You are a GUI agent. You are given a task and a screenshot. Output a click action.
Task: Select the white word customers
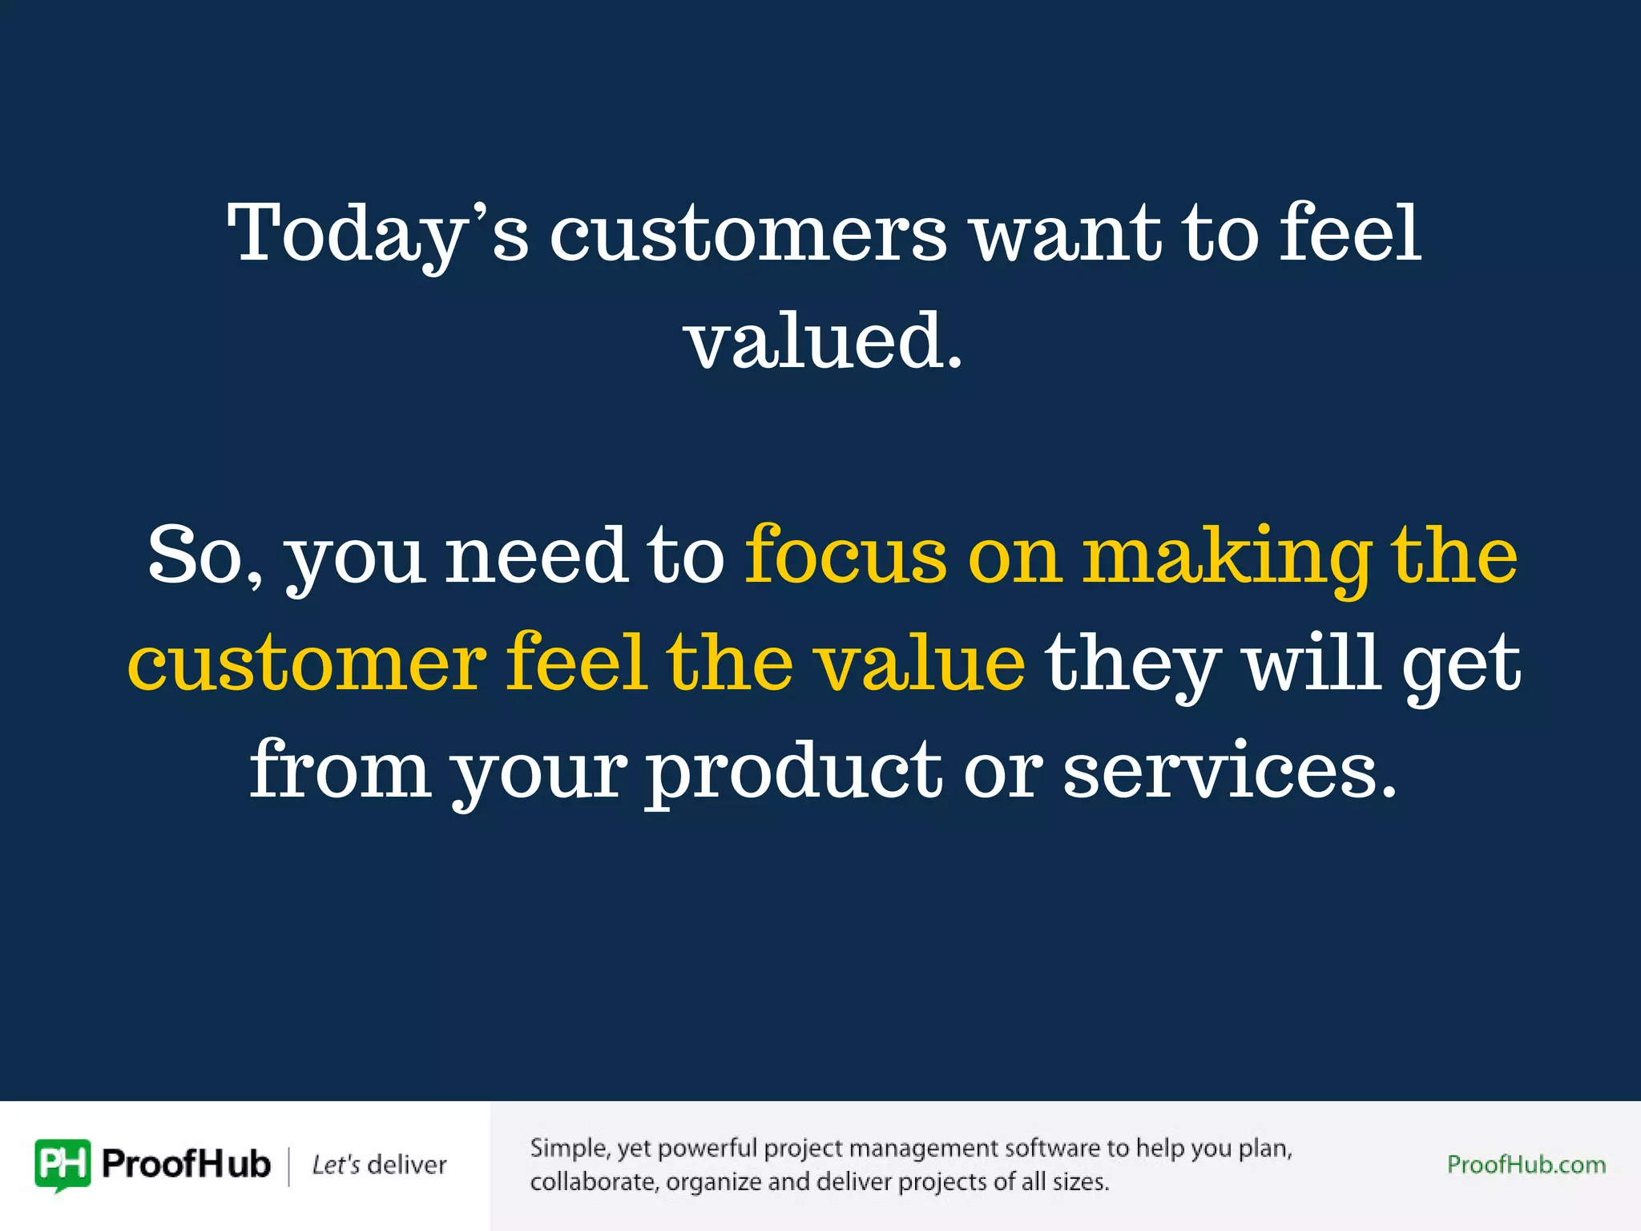[748, 233]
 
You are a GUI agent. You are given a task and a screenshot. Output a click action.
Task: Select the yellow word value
[919, 663]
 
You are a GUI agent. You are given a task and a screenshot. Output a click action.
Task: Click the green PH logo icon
[62, 1164]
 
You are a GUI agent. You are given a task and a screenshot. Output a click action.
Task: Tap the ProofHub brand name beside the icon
[186, 1164]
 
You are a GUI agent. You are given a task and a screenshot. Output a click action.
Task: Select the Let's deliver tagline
[379, 1164]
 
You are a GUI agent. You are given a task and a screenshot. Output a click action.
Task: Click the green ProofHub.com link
[1526, 1164]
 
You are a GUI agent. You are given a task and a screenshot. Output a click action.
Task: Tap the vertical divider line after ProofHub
[289, 1165]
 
